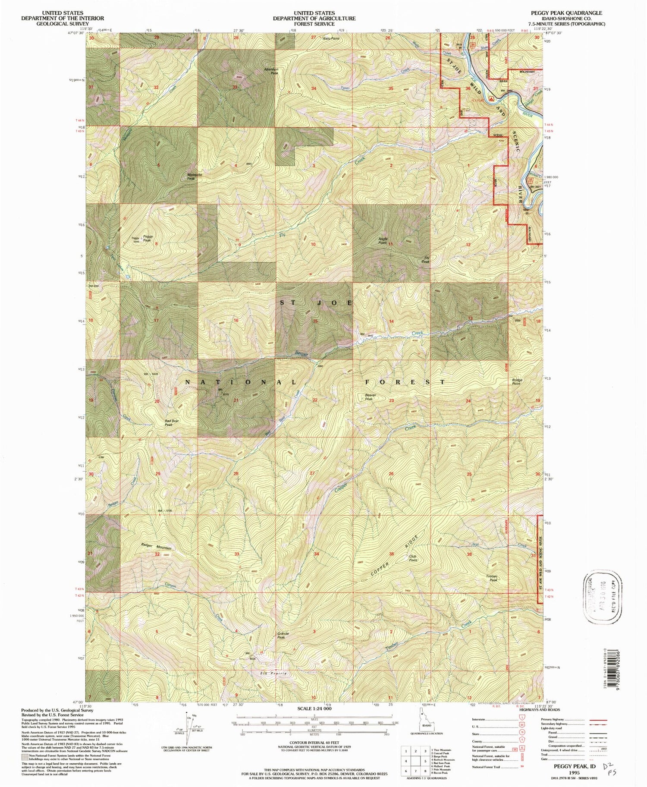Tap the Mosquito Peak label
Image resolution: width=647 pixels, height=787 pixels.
(194, 176)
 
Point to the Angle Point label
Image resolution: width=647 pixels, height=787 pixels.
(382, 240)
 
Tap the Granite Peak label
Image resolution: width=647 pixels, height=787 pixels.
(281, 635)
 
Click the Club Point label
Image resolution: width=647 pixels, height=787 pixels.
(413, 558)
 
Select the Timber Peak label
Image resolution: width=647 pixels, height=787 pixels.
(492, 578)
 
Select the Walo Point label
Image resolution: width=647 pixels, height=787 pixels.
(331, 39)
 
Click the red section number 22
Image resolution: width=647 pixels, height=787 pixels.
(315, 400)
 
